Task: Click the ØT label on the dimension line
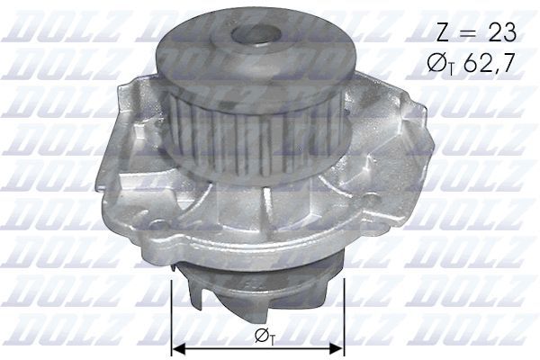[x=260, y=338]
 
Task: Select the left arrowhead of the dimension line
[x=178, y=347]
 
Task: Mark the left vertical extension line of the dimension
[x=171, y=315]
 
